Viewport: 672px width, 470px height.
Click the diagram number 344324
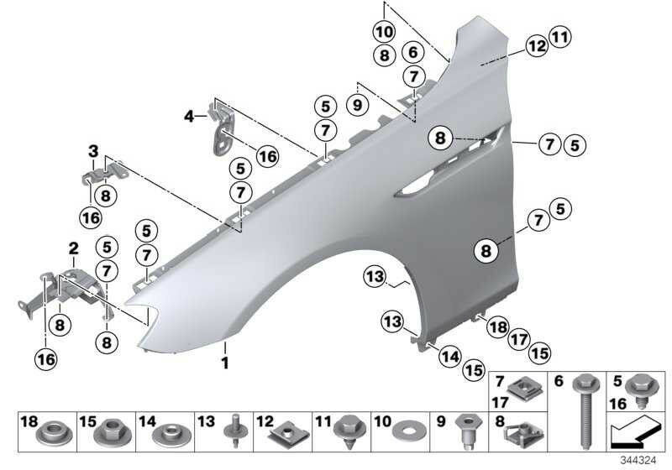638,461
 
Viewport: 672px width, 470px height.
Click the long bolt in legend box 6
585,412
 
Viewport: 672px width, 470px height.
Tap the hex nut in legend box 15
112,431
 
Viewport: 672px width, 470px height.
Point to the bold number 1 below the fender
225,363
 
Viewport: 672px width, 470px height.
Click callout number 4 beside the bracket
189,116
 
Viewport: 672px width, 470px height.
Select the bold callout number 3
93,151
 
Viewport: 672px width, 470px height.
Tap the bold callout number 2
74,248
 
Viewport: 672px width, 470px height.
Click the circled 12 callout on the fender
537,46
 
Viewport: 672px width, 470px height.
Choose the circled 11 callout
560,37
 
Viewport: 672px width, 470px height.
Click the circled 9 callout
357,105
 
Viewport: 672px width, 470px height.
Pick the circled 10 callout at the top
385,32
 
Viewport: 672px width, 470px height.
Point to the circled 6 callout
413,52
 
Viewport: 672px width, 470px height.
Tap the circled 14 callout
450,357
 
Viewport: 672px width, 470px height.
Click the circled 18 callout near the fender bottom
498,328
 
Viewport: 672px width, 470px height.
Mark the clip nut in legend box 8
525,434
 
